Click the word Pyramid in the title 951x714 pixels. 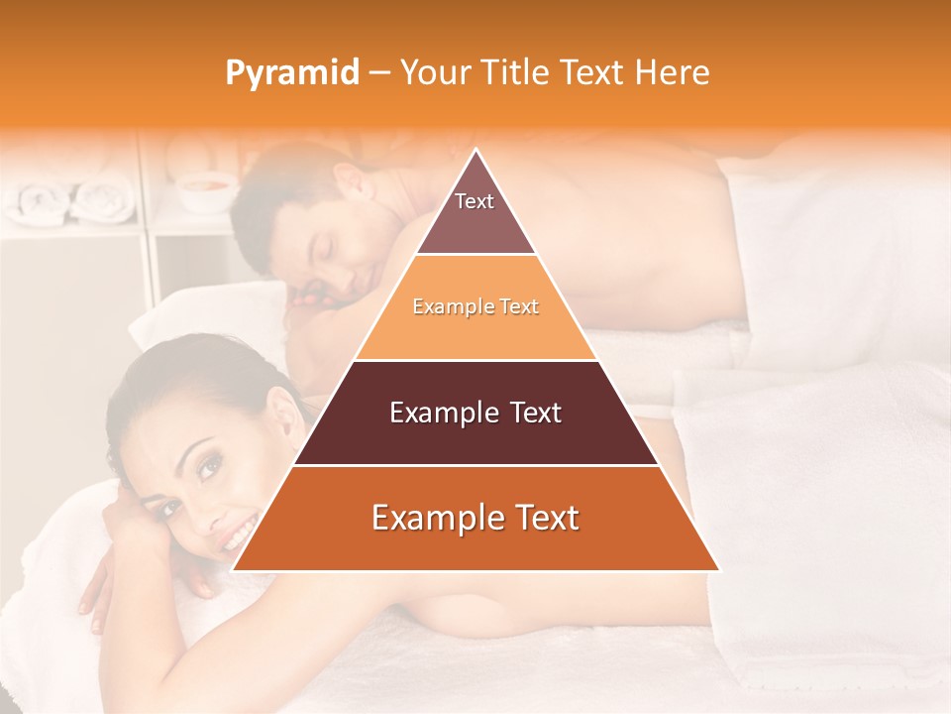point(292,73)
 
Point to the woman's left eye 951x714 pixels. point(209,468)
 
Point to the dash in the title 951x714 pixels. point(378,73)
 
